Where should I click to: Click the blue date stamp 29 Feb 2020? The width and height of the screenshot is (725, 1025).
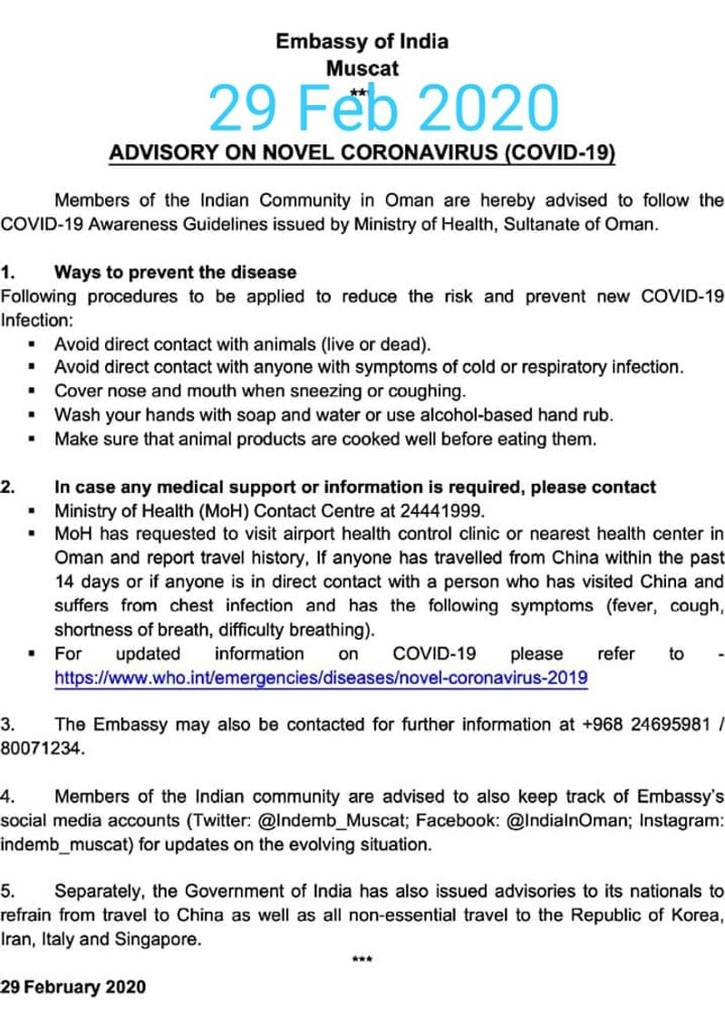pos(383,109)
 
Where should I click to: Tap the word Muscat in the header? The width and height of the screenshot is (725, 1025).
pos(362,67)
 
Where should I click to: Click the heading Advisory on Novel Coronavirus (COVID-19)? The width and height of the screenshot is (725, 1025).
pos(362,151)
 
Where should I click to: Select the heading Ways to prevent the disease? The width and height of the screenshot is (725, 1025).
pos(175,272)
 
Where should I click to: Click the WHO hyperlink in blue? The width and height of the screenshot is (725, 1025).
pos(321,677)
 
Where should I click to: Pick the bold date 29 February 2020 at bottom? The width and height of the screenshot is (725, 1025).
pos(73,987)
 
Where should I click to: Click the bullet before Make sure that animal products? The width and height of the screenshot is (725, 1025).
pos(33,440)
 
